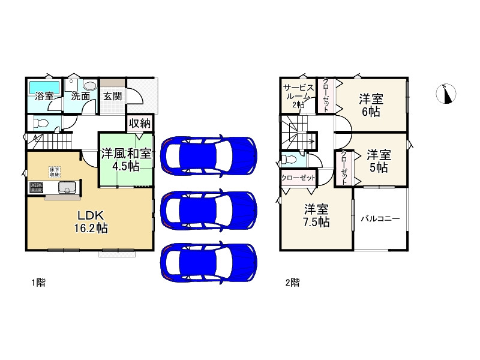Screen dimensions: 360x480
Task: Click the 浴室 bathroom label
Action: tap(44, 96)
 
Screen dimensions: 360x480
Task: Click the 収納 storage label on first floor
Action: tap(140, 123)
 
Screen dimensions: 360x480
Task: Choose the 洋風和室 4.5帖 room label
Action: tap(125, 160)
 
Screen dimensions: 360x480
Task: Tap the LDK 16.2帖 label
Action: tap(91, 221)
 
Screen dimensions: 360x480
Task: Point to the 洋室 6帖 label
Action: tap(371, 104)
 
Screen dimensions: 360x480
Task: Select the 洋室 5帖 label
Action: tap(379, 160)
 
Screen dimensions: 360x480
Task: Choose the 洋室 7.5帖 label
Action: tap(316, 216)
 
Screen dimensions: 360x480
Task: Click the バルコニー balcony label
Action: tap(380, 219)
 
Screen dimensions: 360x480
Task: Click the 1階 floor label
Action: tap(38, 283)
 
